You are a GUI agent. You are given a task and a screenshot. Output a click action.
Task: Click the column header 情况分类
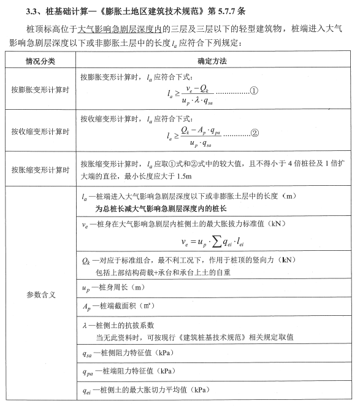(x=40, y=62)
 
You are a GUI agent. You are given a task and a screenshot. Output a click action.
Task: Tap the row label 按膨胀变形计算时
(x=40, y=90)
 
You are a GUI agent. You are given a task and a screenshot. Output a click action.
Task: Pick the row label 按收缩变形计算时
(x=40, y=132)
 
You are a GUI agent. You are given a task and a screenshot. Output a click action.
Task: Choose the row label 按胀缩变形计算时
(x=40, y=169)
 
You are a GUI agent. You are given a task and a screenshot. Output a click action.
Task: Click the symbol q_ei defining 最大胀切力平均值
(x=87, y=390)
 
